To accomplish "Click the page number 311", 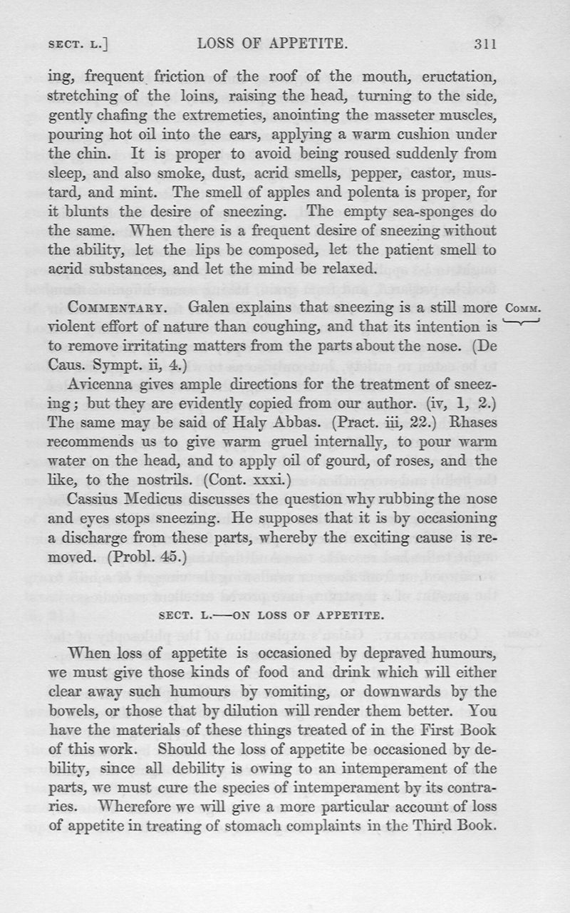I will pyautogui.click(x=484, y=43).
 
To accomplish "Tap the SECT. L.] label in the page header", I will pyautogui.click(x=78, y=44).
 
